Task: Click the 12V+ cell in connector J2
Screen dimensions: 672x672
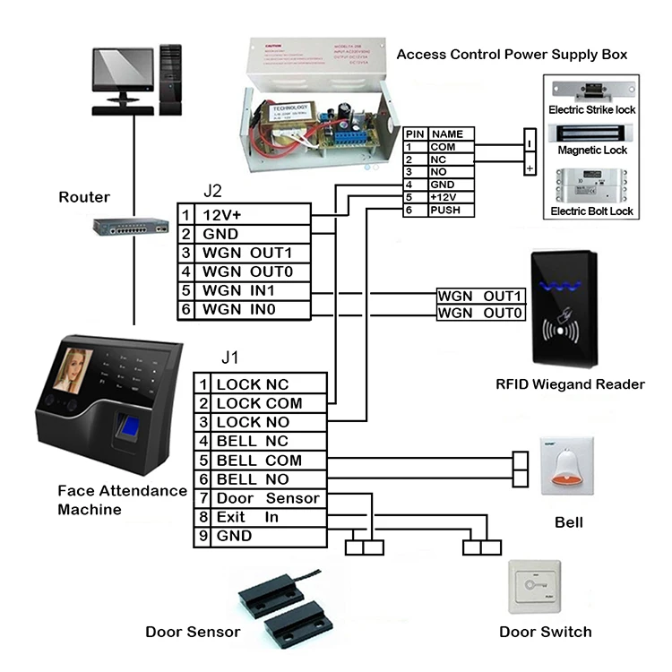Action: coord(252,215)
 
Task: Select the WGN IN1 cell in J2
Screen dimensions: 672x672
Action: coord(252,291)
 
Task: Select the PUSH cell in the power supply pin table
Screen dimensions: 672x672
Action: coord(451,210)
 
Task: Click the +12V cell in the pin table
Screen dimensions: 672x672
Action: coord(451,197)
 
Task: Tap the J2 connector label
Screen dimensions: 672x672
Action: coord(213,191)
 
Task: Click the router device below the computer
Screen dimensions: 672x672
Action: coord(132,228)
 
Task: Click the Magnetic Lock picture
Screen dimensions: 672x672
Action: coord(590,131)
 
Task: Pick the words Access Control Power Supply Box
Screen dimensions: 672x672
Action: coord(512,55)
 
